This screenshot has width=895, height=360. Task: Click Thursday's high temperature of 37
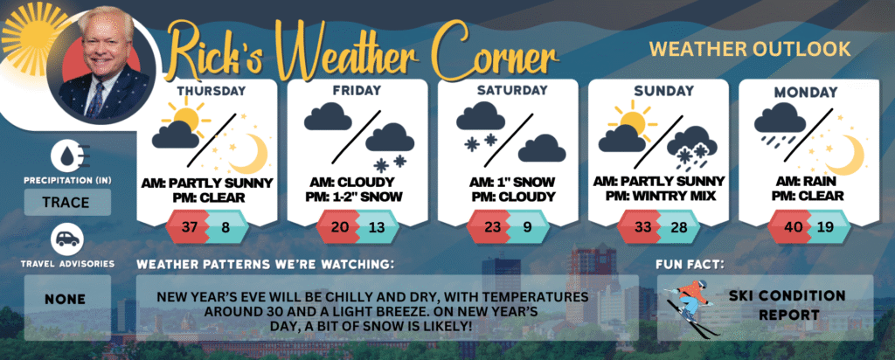pos(187,227)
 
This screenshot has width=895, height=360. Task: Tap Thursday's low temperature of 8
pos(225,227)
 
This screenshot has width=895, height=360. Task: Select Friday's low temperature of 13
pos(376,227)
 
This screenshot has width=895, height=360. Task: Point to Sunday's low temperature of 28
pos(677,227)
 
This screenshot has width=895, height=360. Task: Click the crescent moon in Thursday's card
pos(249,154)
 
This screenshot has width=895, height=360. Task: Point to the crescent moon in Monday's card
pos(846,154)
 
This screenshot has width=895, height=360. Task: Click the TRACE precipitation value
pos(67,202)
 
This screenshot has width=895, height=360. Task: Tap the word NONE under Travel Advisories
pos(67,299)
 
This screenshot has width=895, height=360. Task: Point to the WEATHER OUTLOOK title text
pos(750,49)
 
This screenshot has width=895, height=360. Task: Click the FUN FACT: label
pos(689,264)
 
